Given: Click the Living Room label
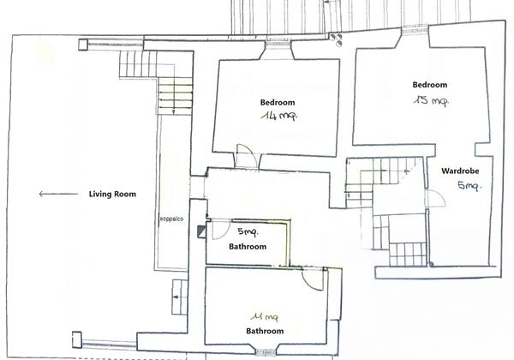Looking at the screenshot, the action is pyautogui.click(x=112, y=194).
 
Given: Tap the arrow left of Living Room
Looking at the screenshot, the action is pyautogui.click(x=58, y=194).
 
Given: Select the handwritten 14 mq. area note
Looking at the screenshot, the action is pyautogui.click(x=279, y=116).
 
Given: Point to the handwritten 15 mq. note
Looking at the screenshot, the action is pyautogui.click(x=431, y=100).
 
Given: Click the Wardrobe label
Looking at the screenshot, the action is pyautogui.click(x=460, y=171).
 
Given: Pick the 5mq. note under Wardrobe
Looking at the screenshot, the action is pyautogui.click(x=469, y=186).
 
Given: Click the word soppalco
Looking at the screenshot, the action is pyautogui.click(x=171, y=219).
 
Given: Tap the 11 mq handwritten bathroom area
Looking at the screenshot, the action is pyautogui.click(x=265, y=317).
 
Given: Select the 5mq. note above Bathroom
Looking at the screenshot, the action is pyautogui.click(x=248, y=231).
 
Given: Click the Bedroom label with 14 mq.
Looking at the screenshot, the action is pyautogui.click(x=278, y=102).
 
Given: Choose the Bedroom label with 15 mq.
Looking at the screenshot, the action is pyautogui.click(x=430, y=85).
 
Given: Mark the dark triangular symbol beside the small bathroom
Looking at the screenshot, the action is pyautogui.click(x=201, y=231).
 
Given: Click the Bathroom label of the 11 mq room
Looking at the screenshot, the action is pyautogui.click(x=265, y=331).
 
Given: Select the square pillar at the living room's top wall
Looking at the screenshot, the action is pyautogui.click(x=83, y=45).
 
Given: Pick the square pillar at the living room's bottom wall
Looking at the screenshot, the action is pyautogui.click(x=77, y=339).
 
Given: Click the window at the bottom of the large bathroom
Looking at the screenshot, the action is pyautogui.click(x=266, y=352).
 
